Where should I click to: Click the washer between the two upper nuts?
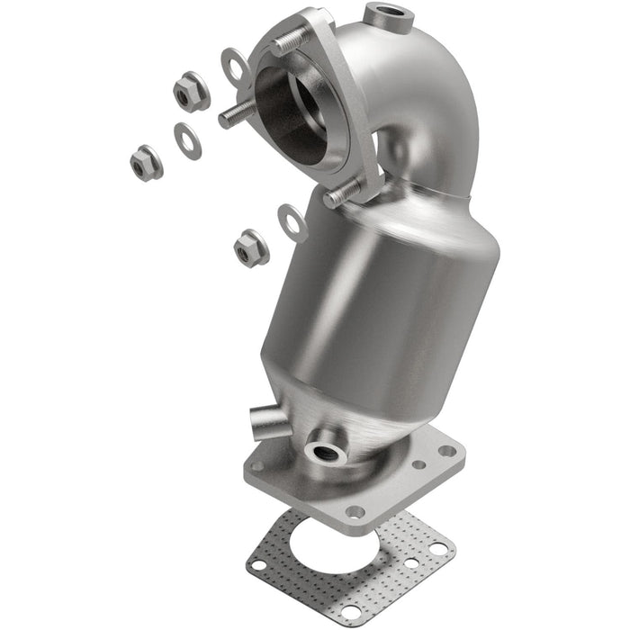[188, 140]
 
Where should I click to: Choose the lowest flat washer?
[292, 222]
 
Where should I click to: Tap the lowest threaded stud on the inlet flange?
[343, 193]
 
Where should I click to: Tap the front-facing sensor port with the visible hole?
[326, 452]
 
